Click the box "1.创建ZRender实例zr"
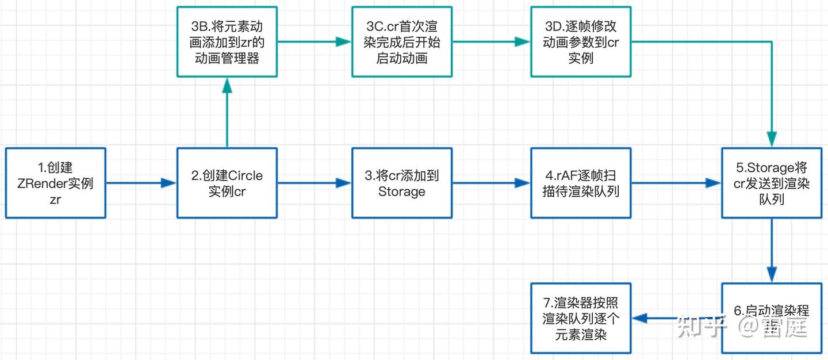[56, 183]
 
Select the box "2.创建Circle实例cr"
[227, 183]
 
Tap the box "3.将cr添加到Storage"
[402, 183]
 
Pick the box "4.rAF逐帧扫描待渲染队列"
[581, 183]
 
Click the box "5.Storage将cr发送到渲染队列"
[772, 183]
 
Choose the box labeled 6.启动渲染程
[772, 318]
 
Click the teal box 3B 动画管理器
[227, 42]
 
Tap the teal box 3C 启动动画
[402, 42]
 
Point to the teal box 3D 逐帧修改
[581, 42]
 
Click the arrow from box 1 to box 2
[141, 183]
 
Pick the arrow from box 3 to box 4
[491, 183]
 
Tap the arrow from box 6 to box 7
[676, 318]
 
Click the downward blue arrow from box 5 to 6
[772, 251]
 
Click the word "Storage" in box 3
[402, 192]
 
